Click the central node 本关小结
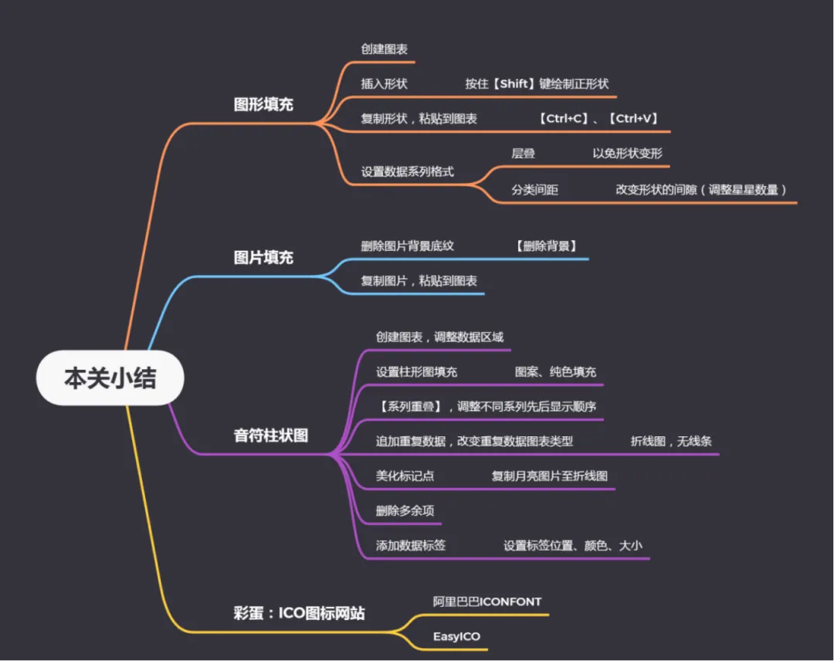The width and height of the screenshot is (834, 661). tap(110, 378)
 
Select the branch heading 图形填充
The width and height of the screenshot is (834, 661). tap(263, 104)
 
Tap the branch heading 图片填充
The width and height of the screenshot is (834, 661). tap(263, 257)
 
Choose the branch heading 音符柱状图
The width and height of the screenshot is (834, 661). tap(270, 436)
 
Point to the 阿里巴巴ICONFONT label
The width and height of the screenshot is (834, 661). tap(486, 602)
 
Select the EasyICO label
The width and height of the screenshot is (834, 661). tap(456, 637)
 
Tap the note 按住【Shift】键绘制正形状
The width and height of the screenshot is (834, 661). tap(537, 83)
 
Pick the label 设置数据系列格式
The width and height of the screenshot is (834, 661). tap(407, 172)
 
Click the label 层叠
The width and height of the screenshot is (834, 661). tap(523, 154)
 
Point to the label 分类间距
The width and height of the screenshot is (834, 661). tap(534, 190)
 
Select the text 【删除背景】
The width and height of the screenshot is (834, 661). tap(546, 246)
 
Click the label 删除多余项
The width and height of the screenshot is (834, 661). tap(405, 510)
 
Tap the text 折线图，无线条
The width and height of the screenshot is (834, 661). tap(671, 442)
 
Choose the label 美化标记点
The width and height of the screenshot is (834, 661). tap(405, 476)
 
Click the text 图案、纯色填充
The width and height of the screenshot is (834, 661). tap(555, 372)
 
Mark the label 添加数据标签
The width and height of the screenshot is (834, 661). tap(410, 546)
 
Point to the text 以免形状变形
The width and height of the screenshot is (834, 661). tap(627, 154)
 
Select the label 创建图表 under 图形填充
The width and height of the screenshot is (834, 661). tap(384, 49)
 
